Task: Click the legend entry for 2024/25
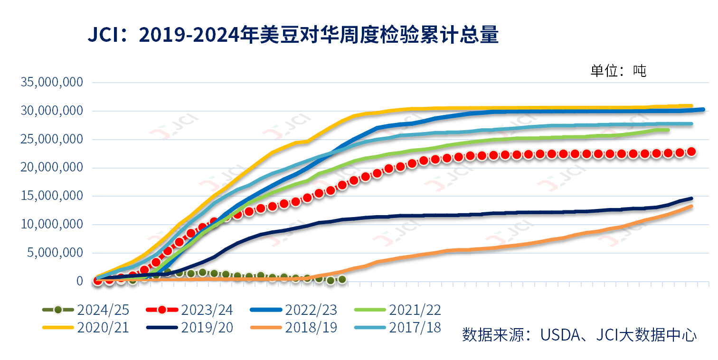point(85,310)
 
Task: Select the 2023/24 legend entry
point(189,310)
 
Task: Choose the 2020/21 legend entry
point(85,327)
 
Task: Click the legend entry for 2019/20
point(189,327)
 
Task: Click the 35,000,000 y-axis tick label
point(52,83)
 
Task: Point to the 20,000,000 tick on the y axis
point(52,168)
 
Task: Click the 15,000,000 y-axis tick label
point(52,196)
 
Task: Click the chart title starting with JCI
point(293,36)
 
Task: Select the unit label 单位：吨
point(618,71)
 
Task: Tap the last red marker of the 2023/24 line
point(691,152)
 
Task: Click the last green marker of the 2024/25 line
point(342,280)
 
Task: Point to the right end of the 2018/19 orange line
point(691,206)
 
